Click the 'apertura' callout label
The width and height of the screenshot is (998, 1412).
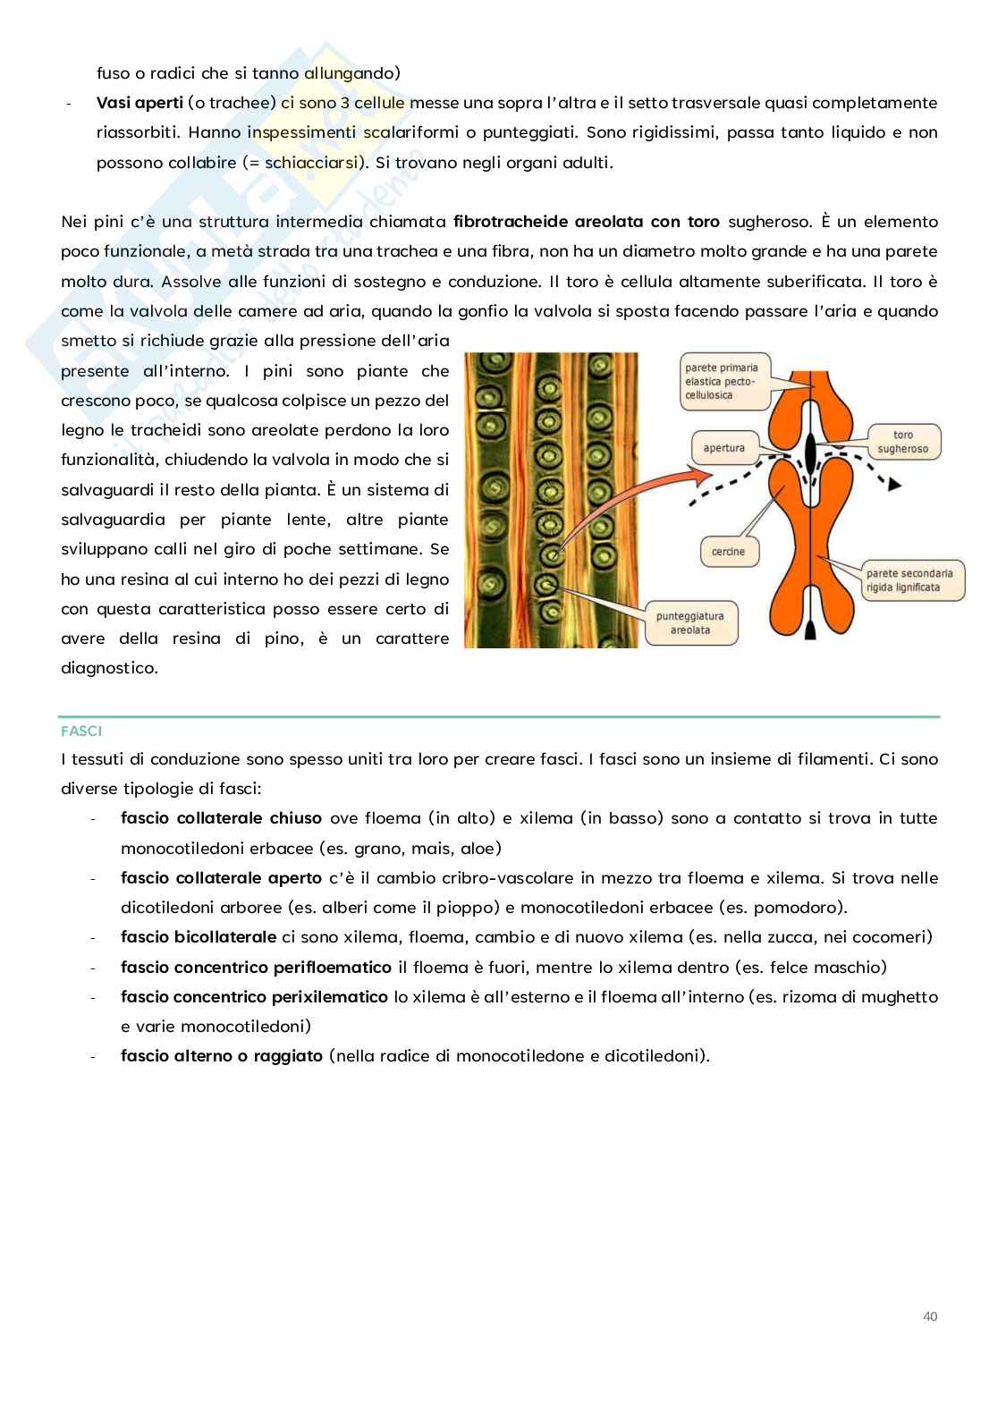pyautogui.click(x=723, y=447)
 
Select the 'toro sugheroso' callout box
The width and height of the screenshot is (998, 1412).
pyautogui.click(x=903, y=442)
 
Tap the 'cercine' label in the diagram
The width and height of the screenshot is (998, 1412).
pyautogui.click(x=728, y=552)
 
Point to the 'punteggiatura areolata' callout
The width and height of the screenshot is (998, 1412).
pyautogui.click(x=689, y=622)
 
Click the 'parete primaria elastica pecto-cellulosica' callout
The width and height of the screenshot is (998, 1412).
pyautogui.click(x=723, y=381)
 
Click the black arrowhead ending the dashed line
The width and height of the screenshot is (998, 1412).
pyautogui.click(x=892, y=484)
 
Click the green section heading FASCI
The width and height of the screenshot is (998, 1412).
pyautogui.click(x=81, y=731)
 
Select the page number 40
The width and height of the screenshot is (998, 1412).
pyautogui.click(x=929, y=1315)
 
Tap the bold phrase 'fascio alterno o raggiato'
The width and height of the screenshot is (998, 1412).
pyautogui.click(x=221, y=1056)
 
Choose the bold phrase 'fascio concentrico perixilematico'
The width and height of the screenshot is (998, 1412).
pyautogui.click(x=254, y=996)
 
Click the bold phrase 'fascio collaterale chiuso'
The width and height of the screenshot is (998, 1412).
pyautogui.click(x=221, y=818)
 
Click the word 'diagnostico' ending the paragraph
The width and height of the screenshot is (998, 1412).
pyautogui.click(x=109, y=668)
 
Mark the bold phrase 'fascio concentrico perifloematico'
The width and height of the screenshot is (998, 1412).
pyautogui.click(x=256, y=967)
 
